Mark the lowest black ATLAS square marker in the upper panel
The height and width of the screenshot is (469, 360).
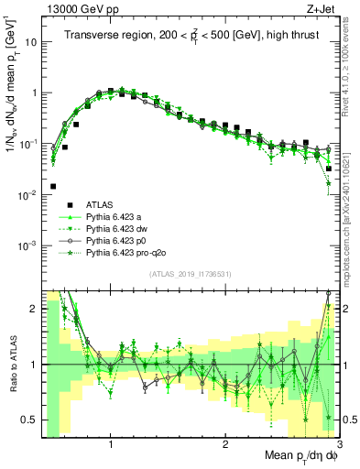pyautogui.click(x=53, y=186)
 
